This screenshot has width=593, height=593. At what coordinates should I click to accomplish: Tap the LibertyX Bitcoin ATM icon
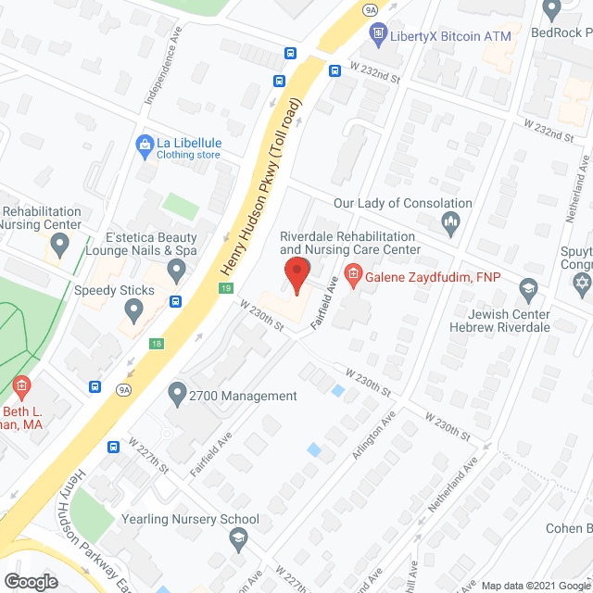(x=377, y=36)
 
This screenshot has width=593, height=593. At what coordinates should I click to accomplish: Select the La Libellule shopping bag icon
(x=144, y=144)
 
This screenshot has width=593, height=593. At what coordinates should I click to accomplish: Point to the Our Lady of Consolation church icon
(x=451, y=221)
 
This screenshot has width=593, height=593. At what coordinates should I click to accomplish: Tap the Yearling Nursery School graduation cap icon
(x=238, y=537)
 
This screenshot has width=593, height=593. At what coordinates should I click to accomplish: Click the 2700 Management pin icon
(x=177, y=396)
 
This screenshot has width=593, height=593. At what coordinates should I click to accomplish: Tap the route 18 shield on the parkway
(x=155, y=343)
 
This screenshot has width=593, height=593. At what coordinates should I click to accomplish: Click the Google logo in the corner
(x=30, y=581)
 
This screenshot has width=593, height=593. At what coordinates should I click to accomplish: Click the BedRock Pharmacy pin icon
(x=553, y=11)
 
